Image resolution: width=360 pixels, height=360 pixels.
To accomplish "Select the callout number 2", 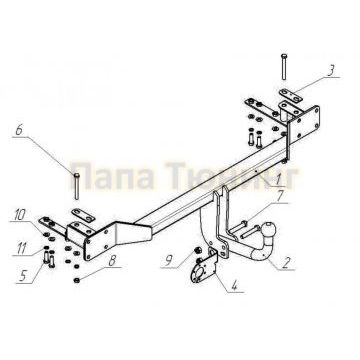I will tap(288, 265).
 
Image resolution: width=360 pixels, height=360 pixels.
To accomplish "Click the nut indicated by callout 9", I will tap(197, 249).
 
